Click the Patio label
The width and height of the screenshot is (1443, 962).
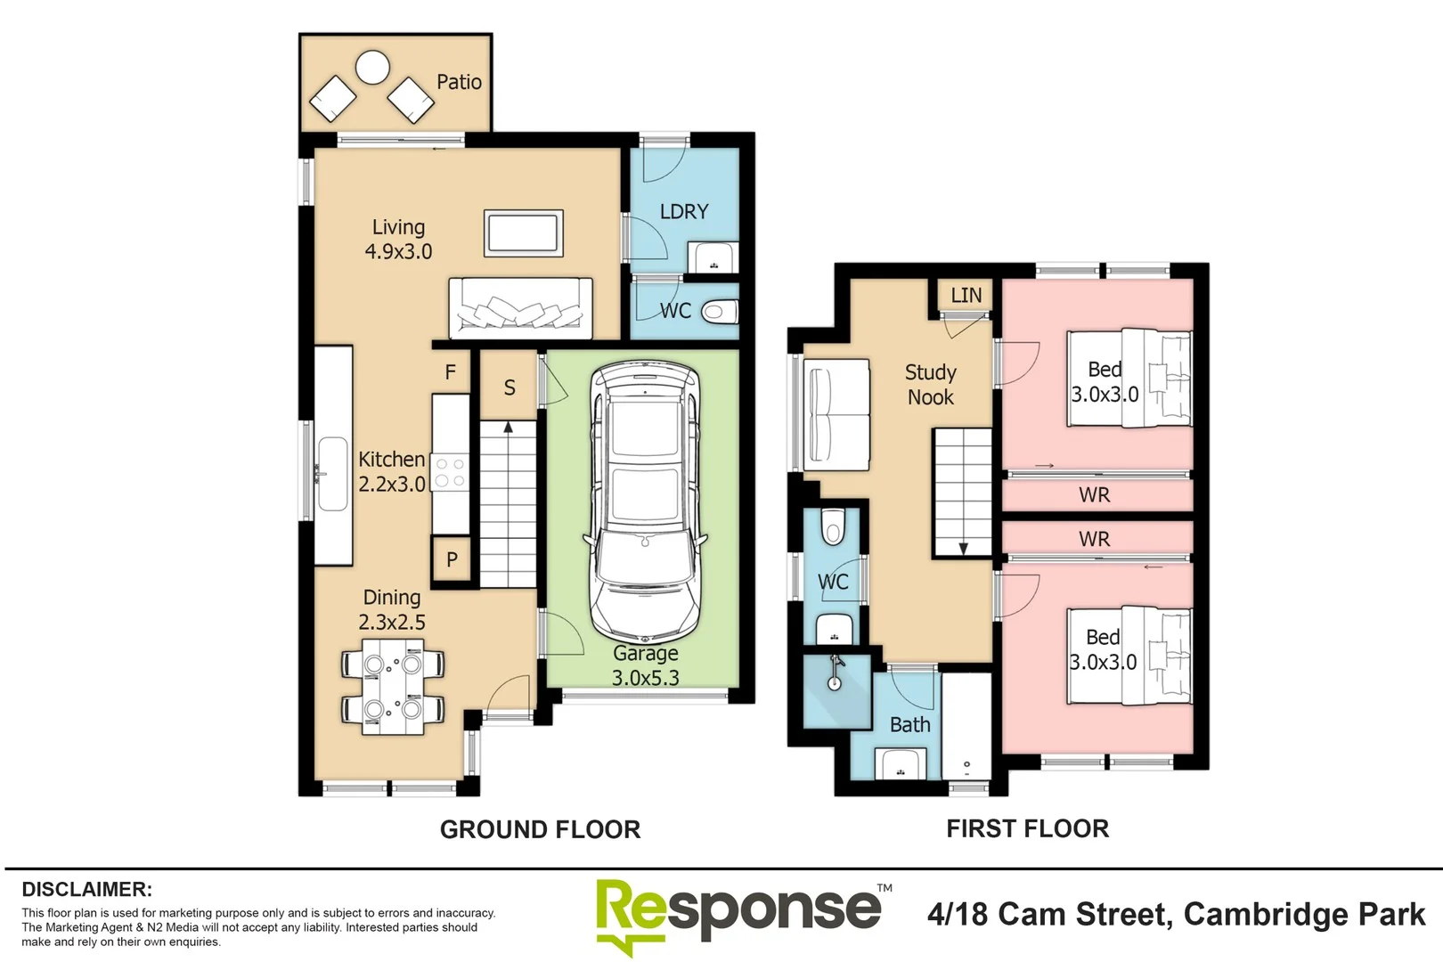click(x=459, y=82)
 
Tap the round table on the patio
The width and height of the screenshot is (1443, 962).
click(x=372, y=67)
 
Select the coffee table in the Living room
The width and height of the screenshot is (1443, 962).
click(x=524, y=233)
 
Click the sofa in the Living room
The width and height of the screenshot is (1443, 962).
click(x=521, y=308)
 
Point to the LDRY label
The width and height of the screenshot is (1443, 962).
click(x=684, y=212)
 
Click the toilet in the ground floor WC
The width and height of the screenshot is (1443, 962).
click(x=718, y=312)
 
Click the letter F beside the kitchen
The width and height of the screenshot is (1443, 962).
click(x=451, y=372)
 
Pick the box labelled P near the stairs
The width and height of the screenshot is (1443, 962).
click(x=452, y=560)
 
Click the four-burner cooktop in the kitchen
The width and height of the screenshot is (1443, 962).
click(x=450, y=473)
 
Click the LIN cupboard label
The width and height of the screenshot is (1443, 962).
click(x=966, y=296)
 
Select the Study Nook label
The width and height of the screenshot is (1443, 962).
click(x=931, y=385)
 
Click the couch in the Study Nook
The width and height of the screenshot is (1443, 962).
click(x=836, y=415)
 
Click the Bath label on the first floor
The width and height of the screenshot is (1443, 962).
click(x=909, y=725)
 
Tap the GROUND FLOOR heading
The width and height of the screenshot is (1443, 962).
click(x=540, y=829)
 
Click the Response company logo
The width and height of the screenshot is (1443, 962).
click(x=739, y=913)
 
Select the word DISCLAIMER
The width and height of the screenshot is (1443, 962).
click(x=86, y=889)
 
